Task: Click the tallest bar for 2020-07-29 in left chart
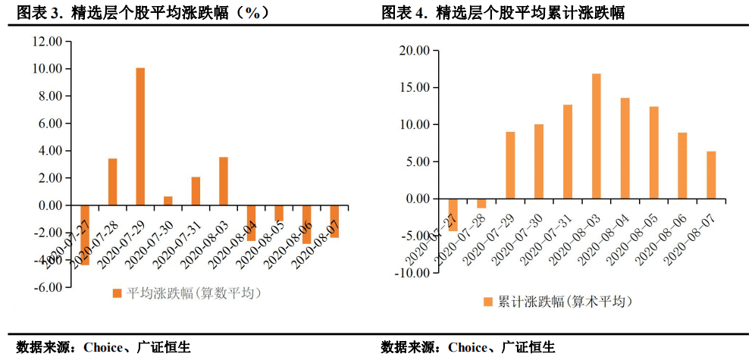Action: [140, 136]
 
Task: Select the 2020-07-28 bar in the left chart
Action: [112, 182]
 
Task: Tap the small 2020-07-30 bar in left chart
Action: [168, 201]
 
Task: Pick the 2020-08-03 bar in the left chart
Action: [224, 181]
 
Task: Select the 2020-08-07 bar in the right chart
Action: [711, 175]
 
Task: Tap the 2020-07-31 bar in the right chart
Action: [567, 152]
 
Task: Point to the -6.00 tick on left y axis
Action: [46, 288]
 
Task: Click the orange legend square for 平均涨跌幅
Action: [117, 293]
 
